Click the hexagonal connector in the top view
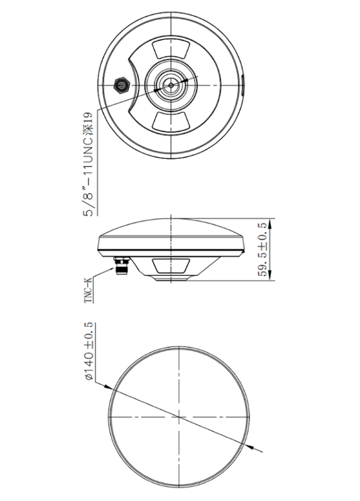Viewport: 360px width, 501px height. point(122,86)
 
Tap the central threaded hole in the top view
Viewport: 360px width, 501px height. point(172,85)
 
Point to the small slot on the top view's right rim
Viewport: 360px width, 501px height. point(242,84)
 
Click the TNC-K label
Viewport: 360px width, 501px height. point(88,291)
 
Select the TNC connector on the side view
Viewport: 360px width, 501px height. point(123,268)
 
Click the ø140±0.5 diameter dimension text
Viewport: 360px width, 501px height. point(88,351)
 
